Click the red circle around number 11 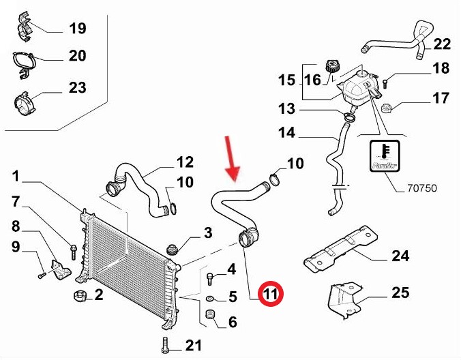tap(271, 295)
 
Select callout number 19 tap(77, 29)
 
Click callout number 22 tap(442, 44)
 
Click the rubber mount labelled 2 tap(79, 296)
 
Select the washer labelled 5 tap(209, 298)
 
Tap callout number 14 tap(287, 133)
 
